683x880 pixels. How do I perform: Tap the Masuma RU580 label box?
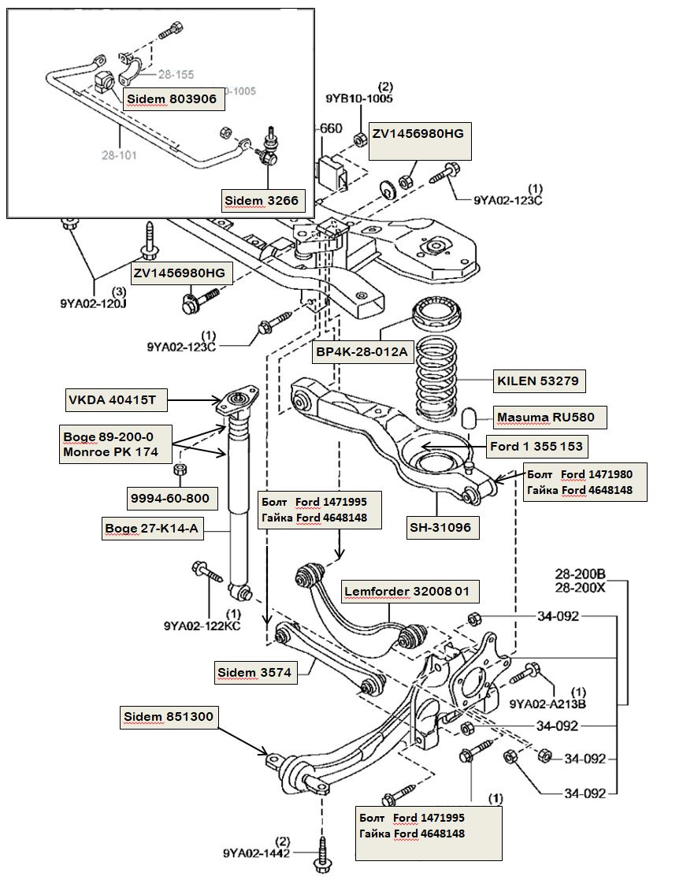[545, 417]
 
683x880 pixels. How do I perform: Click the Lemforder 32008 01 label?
[410, 592]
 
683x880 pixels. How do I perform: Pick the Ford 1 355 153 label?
[536, 447]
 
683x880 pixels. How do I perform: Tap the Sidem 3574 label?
[254, 672]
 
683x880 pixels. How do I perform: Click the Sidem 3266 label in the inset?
[262, 201]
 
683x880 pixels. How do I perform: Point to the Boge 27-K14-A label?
[152, 529]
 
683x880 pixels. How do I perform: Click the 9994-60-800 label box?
[170, 498]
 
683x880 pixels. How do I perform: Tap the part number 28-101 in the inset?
[118, 155]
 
